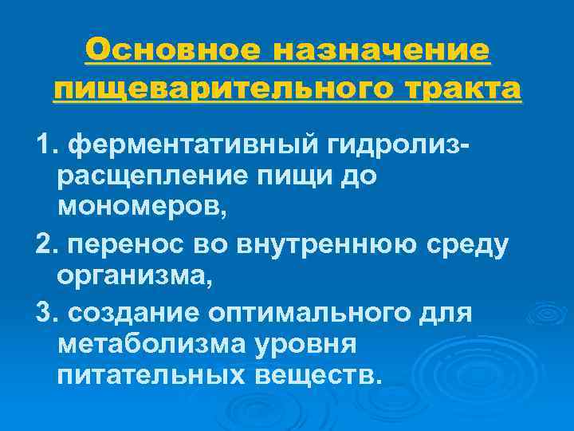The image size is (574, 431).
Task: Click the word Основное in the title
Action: tap(172, 51)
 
